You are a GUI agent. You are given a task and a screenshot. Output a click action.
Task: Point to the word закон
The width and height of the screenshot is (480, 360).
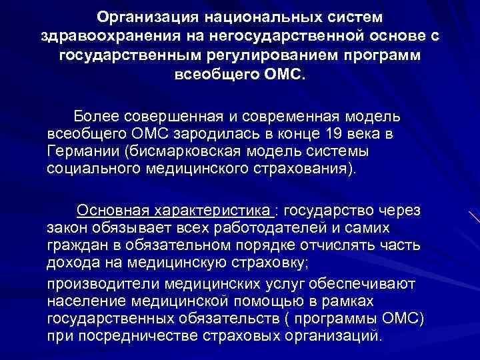pos(67,228)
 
